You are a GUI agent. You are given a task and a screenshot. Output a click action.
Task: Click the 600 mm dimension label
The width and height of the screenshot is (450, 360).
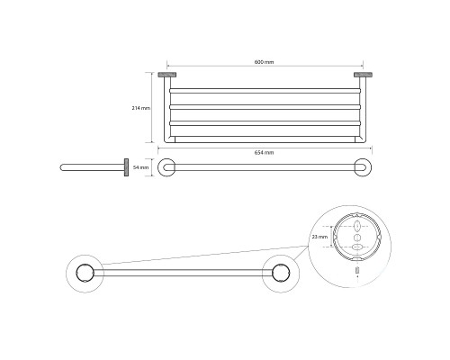(x=264, y=62)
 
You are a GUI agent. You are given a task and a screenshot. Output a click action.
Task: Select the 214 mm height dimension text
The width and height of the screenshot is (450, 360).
(x=141, y=108)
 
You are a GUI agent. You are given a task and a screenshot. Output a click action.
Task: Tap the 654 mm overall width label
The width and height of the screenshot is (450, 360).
(x=264, y=152)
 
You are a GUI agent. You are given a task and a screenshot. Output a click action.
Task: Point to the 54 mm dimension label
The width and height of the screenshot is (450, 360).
(x=140, y=167)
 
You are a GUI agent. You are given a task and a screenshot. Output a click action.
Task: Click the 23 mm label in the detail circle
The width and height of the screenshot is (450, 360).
(x=319, y=237)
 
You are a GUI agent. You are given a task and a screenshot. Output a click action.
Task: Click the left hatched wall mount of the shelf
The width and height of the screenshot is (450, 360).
(x=166, y=75)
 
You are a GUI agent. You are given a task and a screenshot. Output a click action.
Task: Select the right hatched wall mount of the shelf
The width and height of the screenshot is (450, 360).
(x=363, y=75)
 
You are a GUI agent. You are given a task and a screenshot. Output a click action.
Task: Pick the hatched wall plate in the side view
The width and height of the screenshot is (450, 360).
(x=126, y=167)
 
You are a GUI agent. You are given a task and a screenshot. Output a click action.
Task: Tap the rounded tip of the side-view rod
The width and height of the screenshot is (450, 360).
(x=62, y=167)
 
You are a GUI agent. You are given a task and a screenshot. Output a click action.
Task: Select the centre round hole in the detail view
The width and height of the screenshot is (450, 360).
(x=356, y=238)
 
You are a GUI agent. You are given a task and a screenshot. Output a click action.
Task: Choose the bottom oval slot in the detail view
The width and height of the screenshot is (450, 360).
(x=356, y=247)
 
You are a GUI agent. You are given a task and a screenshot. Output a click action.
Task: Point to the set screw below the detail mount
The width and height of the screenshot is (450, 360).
(x=356, y=270)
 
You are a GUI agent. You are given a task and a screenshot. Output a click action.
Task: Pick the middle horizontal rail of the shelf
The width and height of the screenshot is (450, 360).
(x=265, y=107)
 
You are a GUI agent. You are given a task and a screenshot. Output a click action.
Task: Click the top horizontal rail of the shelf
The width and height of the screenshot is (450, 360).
(x=265, y=91)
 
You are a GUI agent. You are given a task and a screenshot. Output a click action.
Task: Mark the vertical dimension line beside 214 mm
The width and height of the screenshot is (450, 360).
(x=152, y=108)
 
